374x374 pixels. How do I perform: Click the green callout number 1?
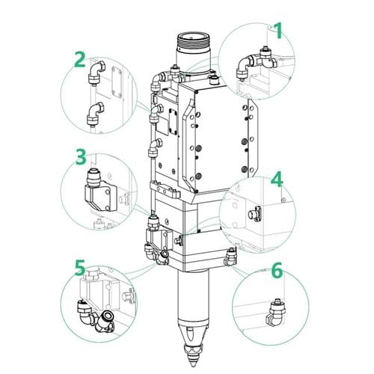(278, 31)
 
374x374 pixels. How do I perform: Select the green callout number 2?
(80, 59)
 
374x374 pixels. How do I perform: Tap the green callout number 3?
(81, 157)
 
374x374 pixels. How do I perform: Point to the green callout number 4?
(277, 179)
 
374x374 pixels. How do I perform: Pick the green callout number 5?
(80, 268)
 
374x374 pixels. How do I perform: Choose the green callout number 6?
(277, 270)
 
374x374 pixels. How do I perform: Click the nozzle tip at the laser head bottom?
(192, 361)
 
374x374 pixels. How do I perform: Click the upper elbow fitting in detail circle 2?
(96, 72)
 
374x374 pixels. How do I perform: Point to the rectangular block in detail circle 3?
(100, 197)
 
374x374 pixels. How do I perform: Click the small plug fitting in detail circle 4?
(254, 215)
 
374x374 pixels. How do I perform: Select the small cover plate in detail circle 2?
(117, 82)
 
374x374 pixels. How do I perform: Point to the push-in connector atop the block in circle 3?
(93, 177)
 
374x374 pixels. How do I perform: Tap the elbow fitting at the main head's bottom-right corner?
(230, 257)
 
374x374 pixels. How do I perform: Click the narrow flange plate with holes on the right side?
(252, 138)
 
